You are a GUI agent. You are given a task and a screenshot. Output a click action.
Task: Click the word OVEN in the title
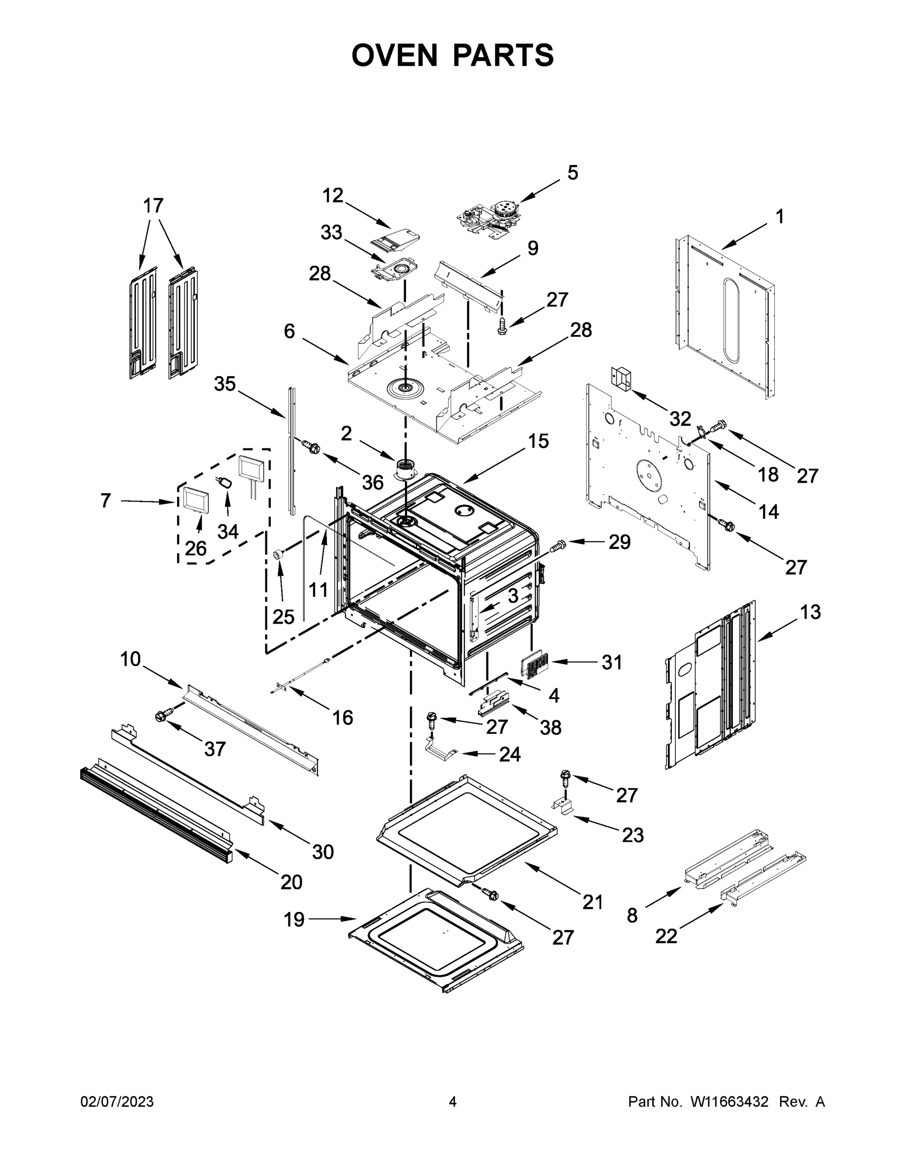tap(395, 55)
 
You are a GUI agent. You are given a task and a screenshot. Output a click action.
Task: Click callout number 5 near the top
tap(573, 173)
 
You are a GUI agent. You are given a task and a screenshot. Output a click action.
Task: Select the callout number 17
tap(153, 206)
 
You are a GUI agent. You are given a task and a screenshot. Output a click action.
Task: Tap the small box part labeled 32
tap(622, 378)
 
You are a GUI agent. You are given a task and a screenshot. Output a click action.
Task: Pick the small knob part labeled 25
tap(278, 554)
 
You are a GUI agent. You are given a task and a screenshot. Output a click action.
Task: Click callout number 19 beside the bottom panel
tap(294, 919)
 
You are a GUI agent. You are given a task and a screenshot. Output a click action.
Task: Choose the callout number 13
tap(810, 612)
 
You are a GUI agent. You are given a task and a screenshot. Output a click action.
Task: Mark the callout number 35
tap(224, 384)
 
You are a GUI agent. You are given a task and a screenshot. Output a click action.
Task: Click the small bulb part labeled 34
tap(224, 482)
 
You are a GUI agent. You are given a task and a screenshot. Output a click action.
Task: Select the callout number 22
tap(666, 936)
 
